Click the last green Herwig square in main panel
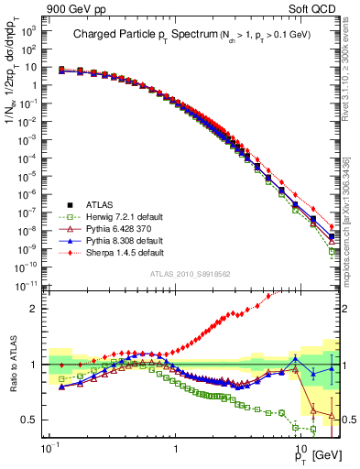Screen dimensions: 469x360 pyautogui.click(x=332, y=251)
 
